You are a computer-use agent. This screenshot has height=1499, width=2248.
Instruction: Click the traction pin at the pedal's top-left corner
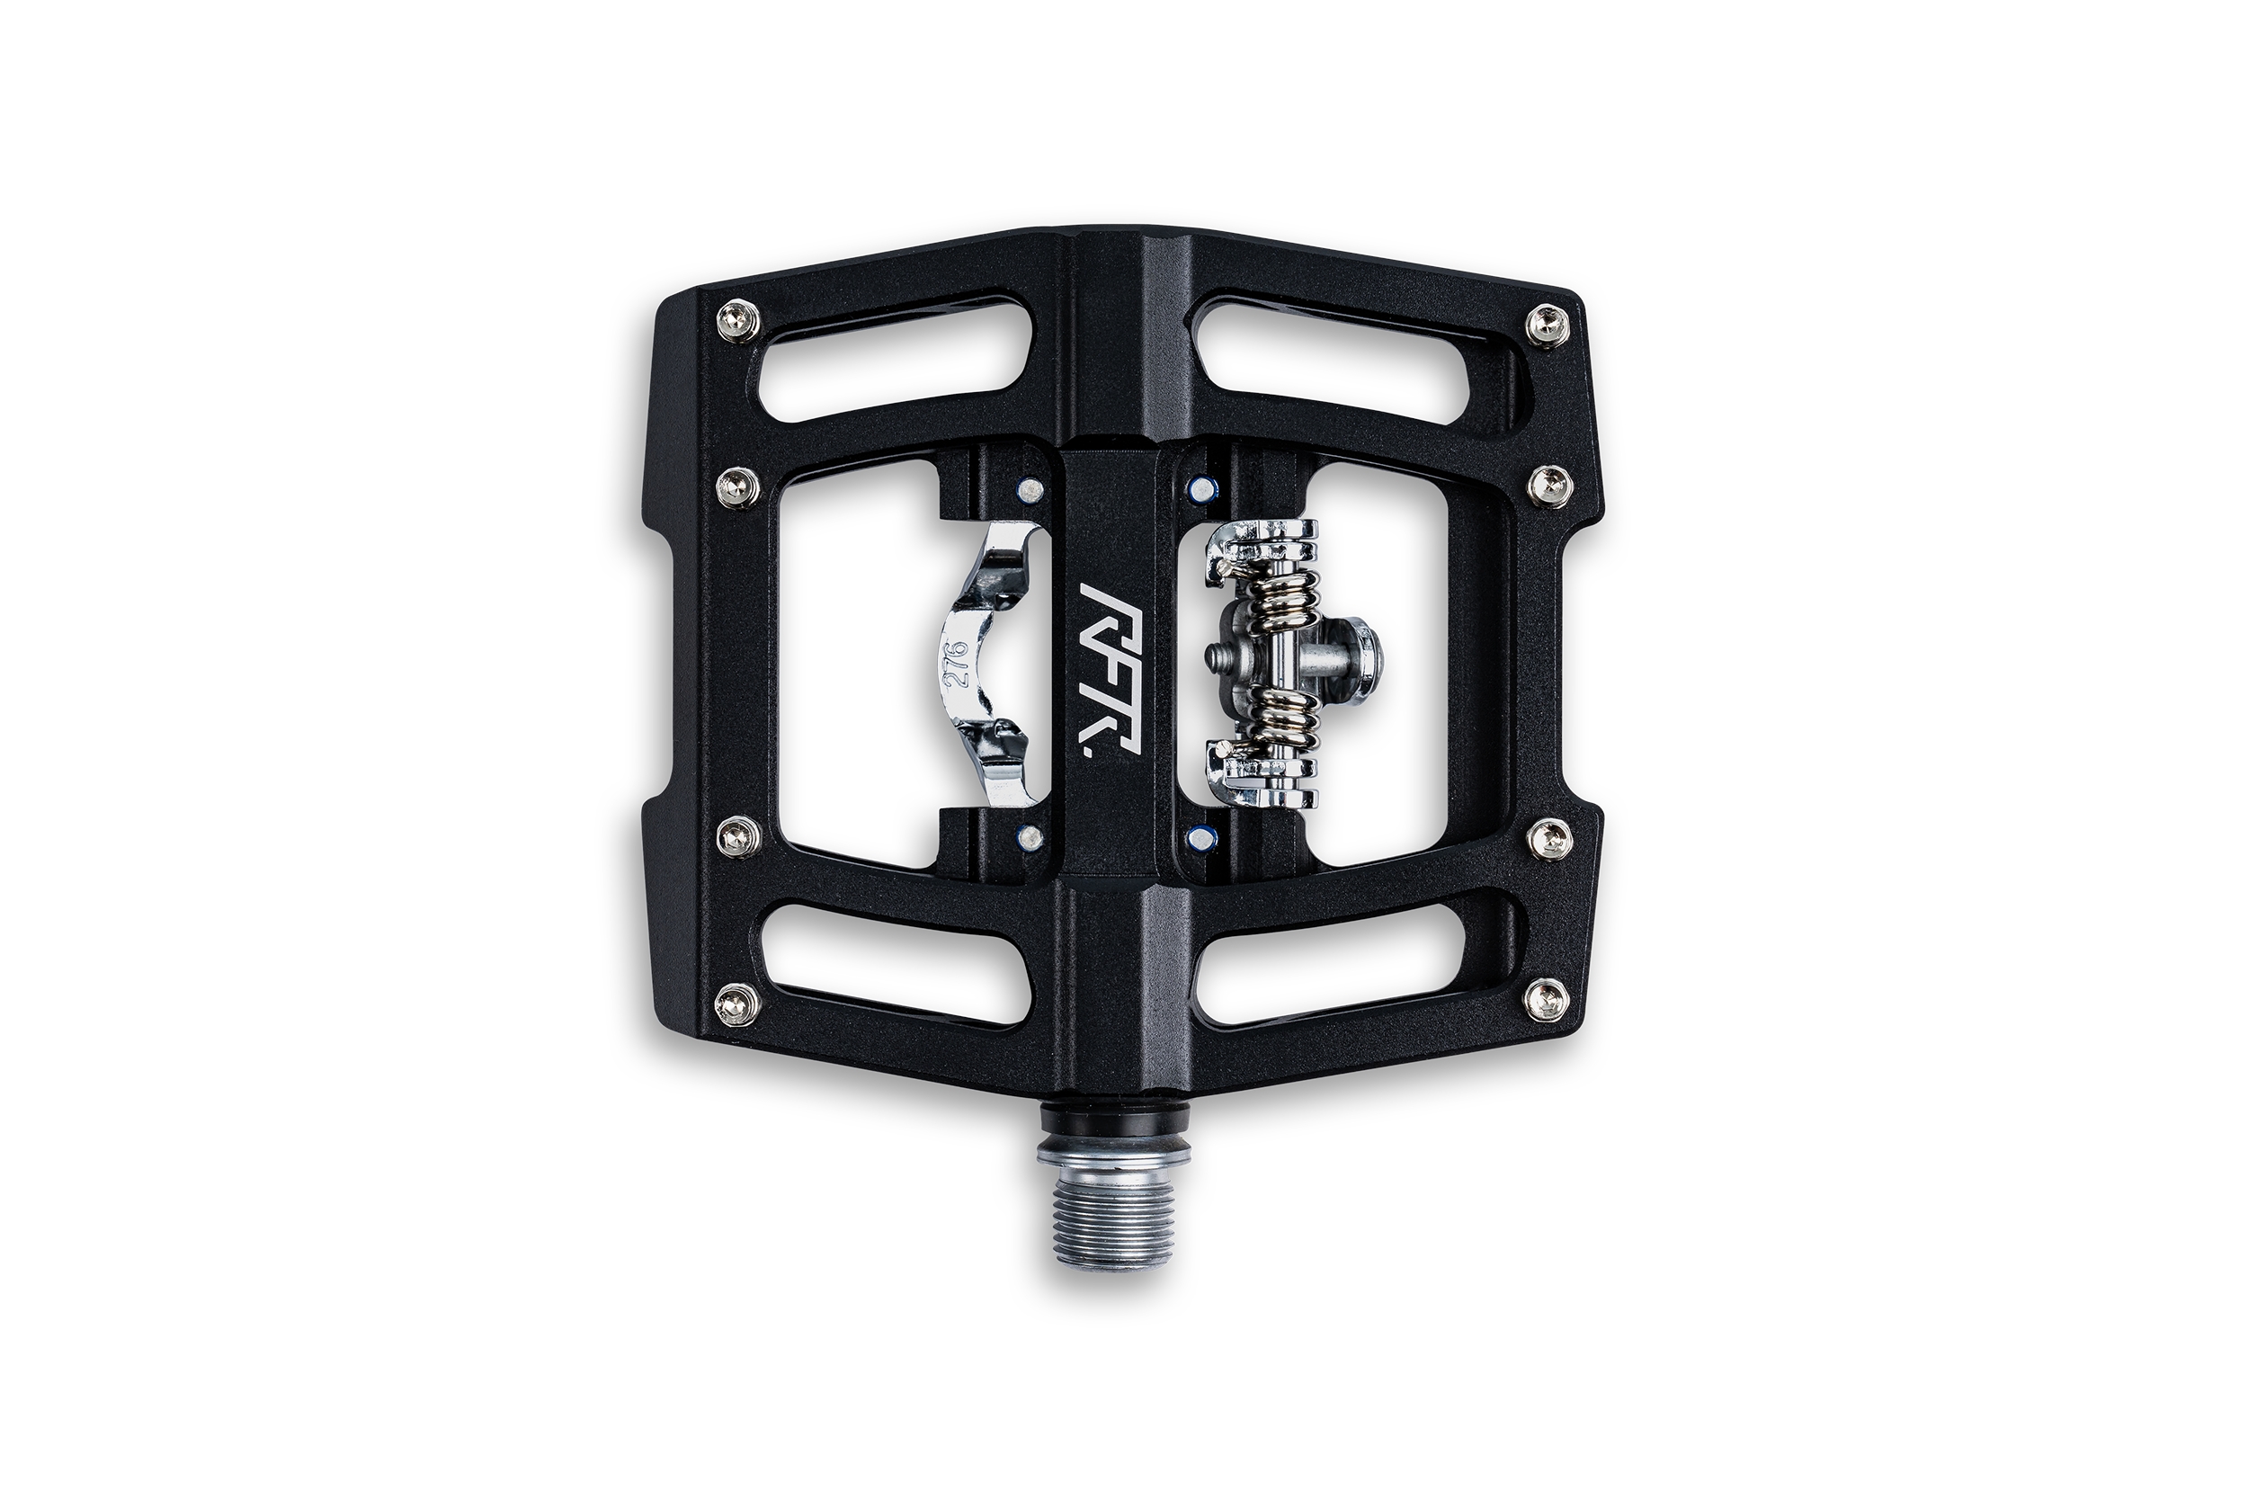point(739,319)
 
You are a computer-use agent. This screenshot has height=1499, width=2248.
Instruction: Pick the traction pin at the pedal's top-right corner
point(1548,324)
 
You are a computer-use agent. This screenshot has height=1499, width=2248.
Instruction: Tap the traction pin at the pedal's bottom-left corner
point(739,1003)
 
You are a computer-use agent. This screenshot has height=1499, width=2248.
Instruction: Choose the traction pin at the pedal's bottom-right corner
point(1547,998)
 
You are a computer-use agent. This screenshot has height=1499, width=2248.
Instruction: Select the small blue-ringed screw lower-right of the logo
point(1199,838)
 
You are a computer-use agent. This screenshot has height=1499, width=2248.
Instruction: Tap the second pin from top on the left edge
point(739,488)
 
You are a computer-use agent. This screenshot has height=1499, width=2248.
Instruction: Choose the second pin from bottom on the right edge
point(1549,838)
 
